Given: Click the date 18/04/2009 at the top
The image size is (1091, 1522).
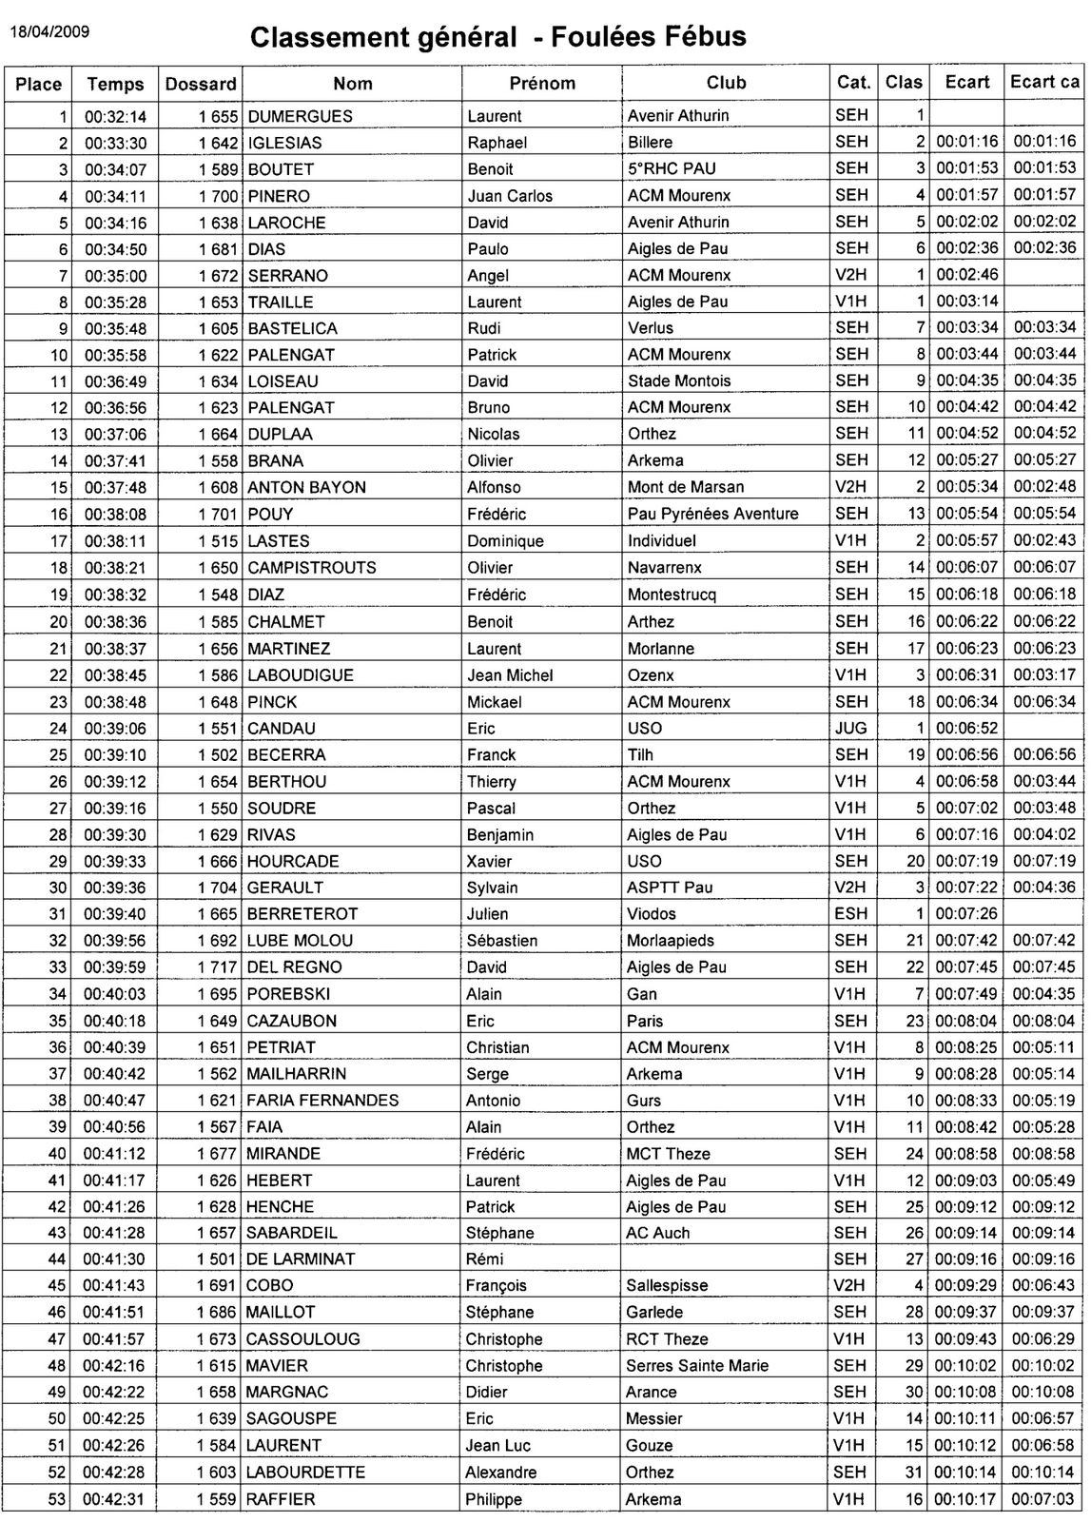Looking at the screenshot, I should pos(49,30).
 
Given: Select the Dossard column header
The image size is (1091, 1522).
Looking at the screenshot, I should pos(201,84).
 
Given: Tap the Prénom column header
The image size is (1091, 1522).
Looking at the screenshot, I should pos(542,84).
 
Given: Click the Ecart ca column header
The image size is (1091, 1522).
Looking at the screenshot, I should pos(1044,82).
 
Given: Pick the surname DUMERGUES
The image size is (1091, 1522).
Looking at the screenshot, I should pos(300,116).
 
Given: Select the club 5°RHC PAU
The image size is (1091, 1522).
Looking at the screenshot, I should pos(672,169).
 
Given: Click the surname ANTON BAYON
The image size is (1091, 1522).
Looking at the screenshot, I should pos(306,487).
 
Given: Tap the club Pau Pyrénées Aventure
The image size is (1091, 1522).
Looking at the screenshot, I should pos(712,514).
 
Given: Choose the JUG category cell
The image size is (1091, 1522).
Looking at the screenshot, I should pos(850,728).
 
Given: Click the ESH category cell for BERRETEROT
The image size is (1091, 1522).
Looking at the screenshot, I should pos(850,914).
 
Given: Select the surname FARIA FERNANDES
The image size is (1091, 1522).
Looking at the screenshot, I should pos(322,1101).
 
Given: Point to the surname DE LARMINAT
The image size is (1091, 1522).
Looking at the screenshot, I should pos(301,1259).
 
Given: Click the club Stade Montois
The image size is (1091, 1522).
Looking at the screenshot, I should pos(679,380).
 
